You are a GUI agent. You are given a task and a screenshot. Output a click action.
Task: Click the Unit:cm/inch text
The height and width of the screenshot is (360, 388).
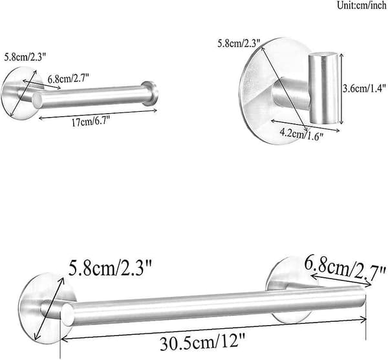(362, 5)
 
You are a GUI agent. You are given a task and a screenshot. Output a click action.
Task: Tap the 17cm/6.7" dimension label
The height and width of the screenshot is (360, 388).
(91, 122)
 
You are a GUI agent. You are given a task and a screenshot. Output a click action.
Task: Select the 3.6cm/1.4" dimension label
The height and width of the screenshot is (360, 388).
(364, 89)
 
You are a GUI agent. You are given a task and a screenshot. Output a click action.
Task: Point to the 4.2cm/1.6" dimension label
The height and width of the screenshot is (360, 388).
(301, 134)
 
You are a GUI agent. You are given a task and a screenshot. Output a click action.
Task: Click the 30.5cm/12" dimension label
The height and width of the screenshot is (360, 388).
(202, 342)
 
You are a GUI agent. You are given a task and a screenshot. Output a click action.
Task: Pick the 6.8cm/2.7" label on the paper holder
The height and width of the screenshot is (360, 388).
(69, 79)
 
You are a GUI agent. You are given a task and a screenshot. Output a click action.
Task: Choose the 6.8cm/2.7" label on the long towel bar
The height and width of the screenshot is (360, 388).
(345, 269)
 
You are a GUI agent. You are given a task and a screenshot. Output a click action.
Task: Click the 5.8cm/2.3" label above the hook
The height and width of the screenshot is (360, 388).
(239, 43)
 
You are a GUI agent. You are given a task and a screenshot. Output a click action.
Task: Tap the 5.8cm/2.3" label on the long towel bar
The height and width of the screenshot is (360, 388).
(110, 268)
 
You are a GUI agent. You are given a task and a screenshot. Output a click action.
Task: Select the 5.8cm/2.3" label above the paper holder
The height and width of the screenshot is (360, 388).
(25, 58)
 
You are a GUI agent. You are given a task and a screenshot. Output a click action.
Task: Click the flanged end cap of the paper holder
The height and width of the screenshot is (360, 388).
(150, 93)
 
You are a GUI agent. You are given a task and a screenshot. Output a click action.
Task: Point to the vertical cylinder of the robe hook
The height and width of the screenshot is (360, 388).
(323, 88)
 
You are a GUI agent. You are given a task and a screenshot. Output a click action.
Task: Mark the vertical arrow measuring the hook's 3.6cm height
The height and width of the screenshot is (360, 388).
(341, 89)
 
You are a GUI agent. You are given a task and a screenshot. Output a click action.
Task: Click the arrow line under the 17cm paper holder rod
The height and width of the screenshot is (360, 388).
(98, 114)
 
